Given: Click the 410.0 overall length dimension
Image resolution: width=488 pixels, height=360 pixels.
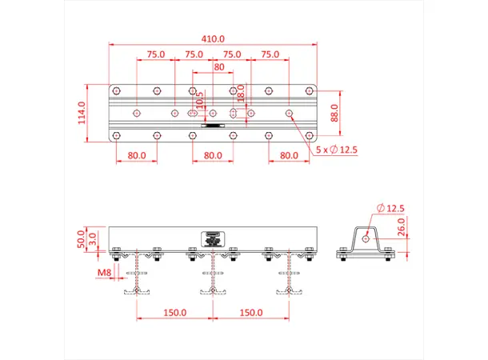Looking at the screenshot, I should (213, 38).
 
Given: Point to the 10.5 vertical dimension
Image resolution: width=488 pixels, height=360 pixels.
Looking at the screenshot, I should (200, 102).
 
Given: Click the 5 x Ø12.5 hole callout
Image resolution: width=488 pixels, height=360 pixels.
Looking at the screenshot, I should (335, 150).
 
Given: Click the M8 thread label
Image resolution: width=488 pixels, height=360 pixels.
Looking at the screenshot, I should (104, 273).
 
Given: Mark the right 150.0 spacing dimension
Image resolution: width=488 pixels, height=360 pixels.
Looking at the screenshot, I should (250, 312).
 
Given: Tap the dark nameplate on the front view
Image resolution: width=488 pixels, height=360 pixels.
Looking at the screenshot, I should (213, 237).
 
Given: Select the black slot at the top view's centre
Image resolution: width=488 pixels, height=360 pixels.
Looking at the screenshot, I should (213, 126).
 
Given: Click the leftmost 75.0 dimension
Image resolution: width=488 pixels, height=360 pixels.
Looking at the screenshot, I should (155, 54).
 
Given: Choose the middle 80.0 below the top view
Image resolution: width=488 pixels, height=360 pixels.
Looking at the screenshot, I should (213, 156).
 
